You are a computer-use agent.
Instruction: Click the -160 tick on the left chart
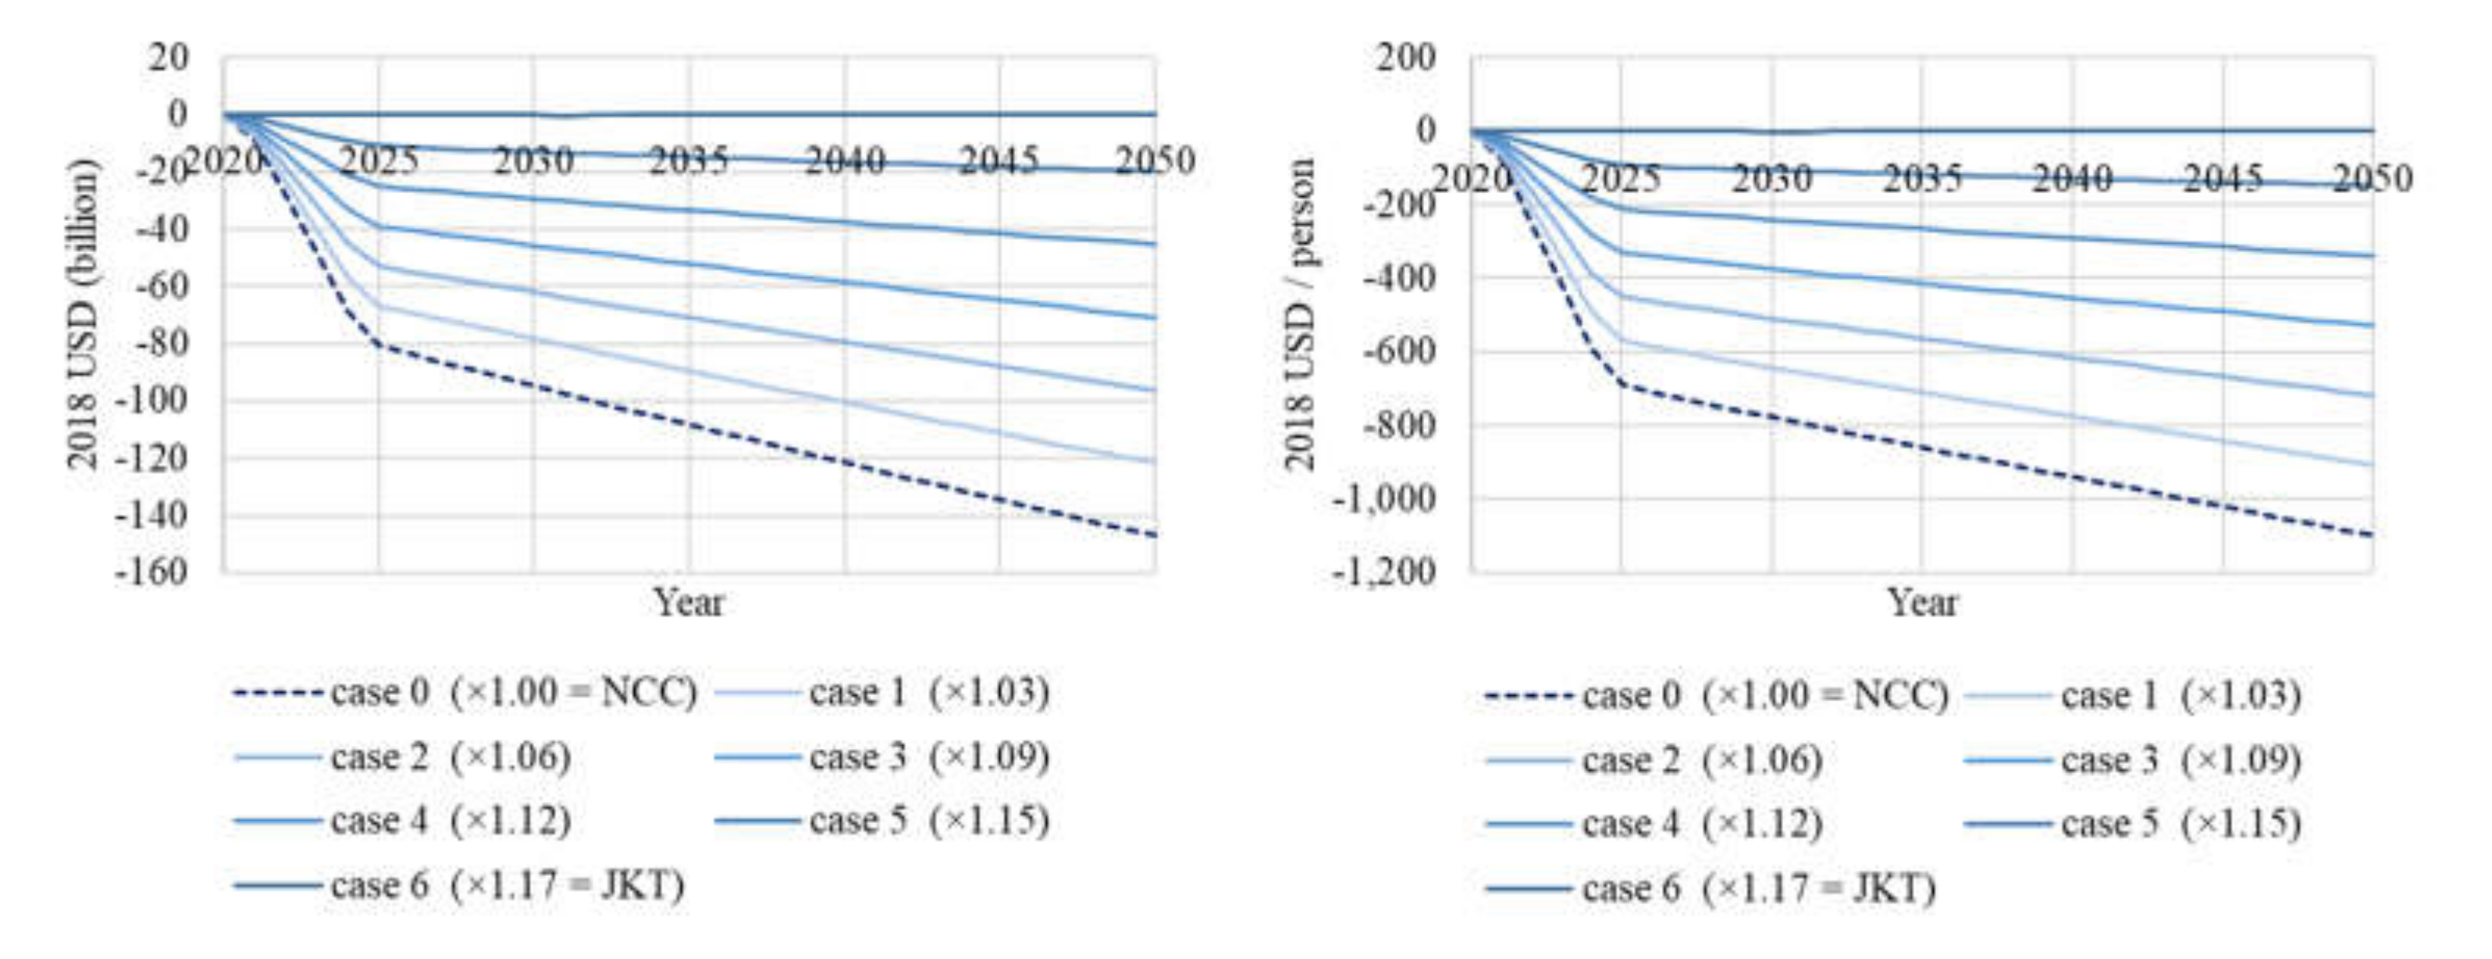point(152,572)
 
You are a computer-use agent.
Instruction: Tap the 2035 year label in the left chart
point(689,161)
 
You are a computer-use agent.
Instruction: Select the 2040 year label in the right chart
point(2072,179)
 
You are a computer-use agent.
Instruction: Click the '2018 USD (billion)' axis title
point(84,315)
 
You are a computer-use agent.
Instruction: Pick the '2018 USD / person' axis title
point(1300,315)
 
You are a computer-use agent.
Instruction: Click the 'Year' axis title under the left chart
point(689,603)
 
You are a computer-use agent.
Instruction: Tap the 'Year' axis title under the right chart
point(1922,603)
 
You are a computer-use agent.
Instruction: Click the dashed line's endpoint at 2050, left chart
point(1155,535)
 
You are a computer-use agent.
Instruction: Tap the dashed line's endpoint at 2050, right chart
point(2371,535)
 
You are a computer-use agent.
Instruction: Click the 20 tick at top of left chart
point(169,57)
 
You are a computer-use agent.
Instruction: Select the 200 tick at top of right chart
point(1407,57)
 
